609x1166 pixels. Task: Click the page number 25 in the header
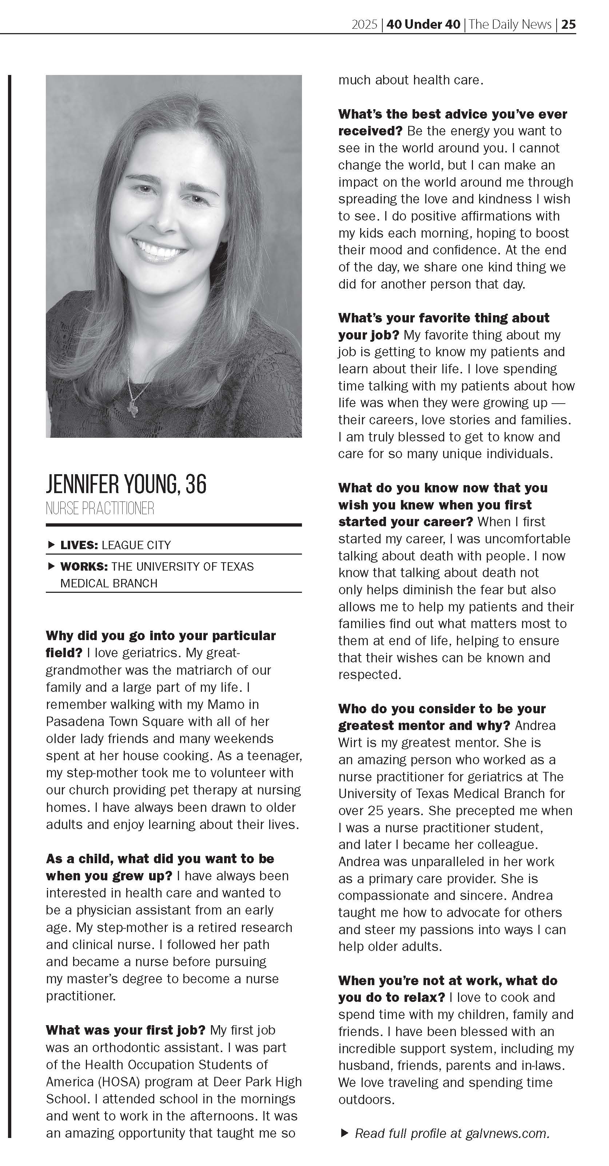(x=568, y=24)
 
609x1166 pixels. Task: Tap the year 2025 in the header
(x=364, y=24)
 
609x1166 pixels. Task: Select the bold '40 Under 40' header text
(x=423, y=24)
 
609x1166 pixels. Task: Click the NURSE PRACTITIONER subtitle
(x=100, y=508)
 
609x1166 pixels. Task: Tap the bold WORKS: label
(x=84, y=566)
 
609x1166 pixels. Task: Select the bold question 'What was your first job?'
(x=126, y=1030)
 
